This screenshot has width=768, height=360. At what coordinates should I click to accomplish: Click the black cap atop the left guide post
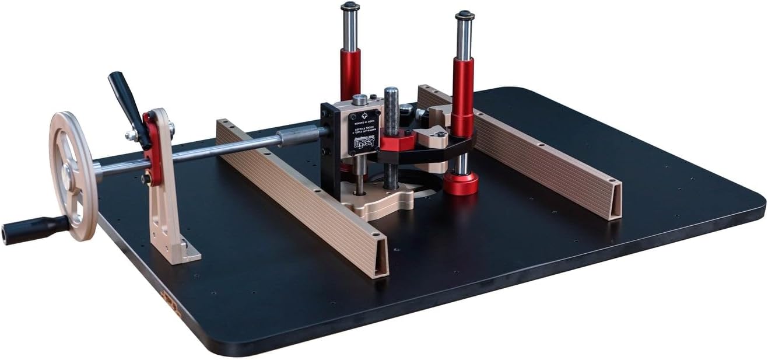click(x=350, y=6)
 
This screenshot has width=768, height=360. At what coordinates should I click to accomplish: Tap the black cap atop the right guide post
click(x=464, y=15)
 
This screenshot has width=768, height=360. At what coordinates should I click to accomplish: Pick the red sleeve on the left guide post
click(x=350, y=73)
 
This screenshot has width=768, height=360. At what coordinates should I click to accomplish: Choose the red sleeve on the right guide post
click(x=463, y=93)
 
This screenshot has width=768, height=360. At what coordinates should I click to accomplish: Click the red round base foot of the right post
click(x=461, y=184)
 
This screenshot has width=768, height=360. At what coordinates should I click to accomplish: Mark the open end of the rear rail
click(x=613, y=202)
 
